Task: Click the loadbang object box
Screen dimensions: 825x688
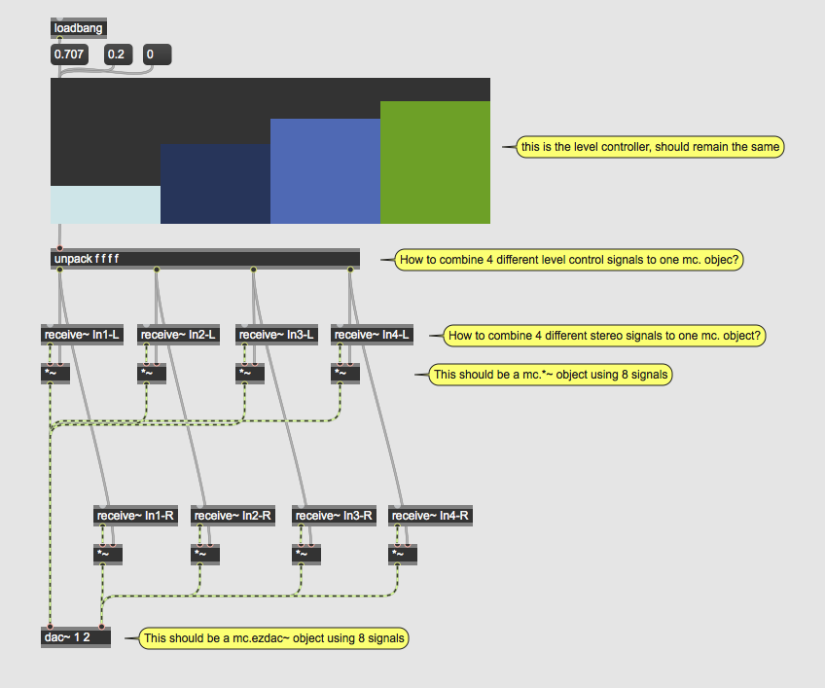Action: [x=79, y=28]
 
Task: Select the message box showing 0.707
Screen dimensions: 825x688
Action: [x=69, y=54]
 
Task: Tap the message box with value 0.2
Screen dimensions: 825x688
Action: [x=118, y=54]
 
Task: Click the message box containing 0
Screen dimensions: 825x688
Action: [x=158, y=54]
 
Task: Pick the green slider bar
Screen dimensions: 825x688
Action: [x=435, y=163]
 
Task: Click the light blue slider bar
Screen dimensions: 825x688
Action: [x=105, y=204]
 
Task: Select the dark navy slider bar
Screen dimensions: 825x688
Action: [x=215, y=184]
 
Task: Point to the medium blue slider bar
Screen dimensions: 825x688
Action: [x=325, y=171]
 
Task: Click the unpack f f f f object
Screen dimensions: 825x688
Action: [x=205, y=259]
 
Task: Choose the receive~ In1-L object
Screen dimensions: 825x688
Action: [x=82, y=335]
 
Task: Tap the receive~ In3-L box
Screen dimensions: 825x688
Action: [x=276, y=335]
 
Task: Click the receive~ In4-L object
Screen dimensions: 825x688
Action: [x=372, y=335]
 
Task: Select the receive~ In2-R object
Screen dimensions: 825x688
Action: [x=233, y=516]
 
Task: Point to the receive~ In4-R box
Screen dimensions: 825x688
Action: [x=430, y=516]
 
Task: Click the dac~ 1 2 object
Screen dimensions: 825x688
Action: [x=76, y=637]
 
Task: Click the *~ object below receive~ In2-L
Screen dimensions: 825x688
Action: [x=152, y=374]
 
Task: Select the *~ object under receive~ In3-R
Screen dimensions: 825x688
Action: [x=306, y=555]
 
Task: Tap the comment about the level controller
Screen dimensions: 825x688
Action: [x=650, y=147]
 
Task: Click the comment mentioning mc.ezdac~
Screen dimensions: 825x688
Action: [x=273, y=638]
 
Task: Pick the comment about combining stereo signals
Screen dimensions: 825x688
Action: [x=604, y=336]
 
